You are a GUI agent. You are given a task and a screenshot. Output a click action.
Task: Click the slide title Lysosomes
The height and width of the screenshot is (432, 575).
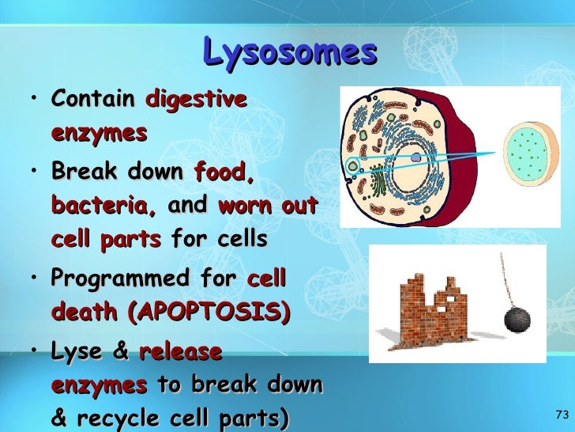(x=289, y=52)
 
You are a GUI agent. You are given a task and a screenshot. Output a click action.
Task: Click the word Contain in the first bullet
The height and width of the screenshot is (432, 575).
(x=92, y=100)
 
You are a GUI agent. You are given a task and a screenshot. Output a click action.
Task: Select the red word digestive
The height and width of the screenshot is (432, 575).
(x=196, y=100)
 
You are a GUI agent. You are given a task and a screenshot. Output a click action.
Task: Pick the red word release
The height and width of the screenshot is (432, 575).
(x=180, y=351)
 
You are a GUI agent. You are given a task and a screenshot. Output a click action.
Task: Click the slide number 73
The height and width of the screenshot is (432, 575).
(x=562, y=415)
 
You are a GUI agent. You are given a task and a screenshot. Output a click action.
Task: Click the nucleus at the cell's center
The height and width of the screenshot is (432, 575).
(x=415, y=158)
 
